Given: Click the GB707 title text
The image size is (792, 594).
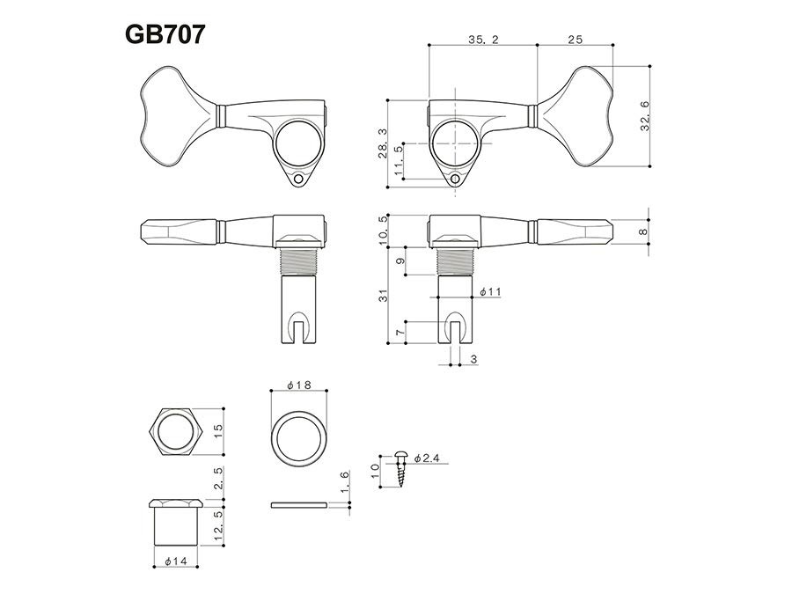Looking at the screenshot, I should tap(165, 34).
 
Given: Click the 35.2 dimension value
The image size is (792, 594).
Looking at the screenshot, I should tap(481, 40).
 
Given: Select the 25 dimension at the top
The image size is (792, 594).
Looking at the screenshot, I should tap(575, 40).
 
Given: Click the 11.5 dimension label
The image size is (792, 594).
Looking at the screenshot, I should tap(399, 161).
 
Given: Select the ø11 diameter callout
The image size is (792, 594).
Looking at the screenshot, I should tap(490, 290).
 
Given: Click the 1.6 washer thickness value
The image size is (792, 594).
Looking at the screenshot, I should tap(345, 481).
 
